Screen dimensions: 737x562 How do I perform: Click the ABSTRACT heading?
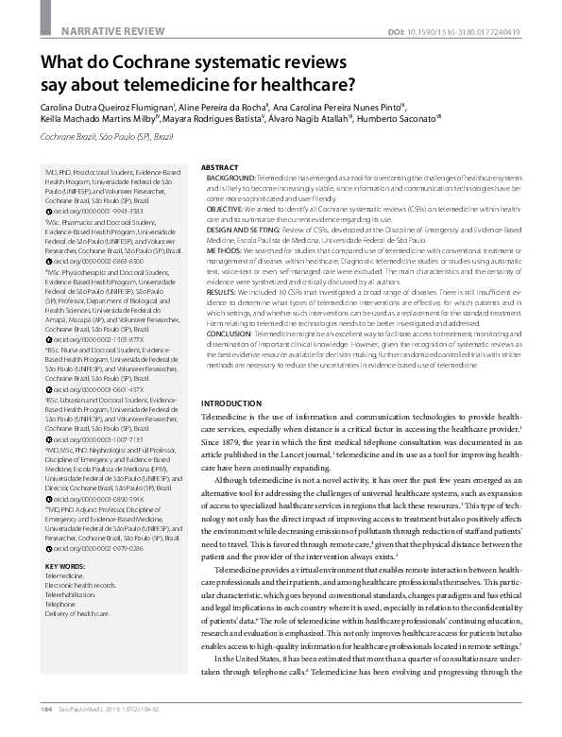click(220, 165)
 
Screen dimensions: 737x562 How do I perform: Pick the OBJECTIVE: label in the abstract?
click(227, 207)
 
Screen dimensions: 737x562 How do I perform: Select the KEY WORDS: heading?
click(65, 566)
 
